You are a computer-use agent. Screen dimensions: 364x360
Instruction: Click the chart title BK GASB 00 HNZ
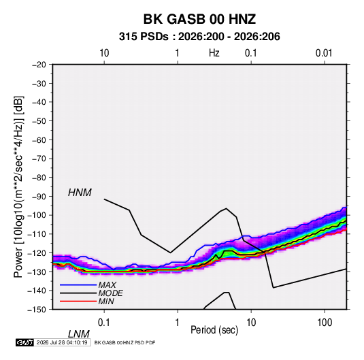click(x=199, y=19)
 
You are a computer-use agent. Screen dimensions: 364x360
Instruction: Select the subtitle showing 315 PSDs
click(x=199, y=37)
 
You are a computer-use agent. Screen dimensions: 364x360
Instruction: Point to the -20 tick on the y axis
click(x=39, y=65)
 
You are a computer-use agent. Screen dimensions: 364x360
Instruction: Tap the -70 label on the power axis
click(x=39, y=159)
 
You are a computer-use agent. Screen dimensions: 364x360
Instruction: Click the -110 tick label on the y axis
click(x=37, y=234)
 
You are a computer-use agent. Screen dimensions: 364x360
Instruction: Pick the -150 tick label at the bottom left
click(x=37, y=309)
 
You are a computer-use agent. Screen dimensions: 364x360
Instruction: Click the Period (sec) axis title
click(x=214, y=330)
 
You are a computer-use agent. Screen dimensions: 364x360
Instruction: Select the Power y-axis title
click(x=18, y=186)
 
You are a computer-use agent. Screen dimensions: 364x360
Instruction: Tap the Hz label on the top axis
click(x=214, y=53)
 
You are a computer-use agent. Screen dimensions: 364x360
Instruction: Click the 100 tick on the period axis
click(x=325, y=323)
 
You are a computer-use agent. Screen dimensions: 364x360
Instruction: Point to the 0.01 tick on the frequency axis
click(x=324, y=53)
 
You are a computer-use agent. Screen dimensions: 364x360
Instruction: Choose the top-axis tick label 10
click(x=104, y=53)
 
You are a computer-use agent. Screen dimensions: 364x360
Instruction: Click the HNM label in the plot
click(x=80, y=193)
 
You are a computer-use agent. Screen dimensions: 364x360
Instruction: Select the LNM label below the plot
click(x=79, y=334)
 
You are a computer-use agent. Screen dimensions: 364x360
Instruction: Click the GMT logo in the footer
click(x=24, y=342)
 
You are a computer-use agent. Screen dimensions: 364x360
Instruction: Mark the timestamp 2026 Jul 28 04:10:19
click(x=62, y=342)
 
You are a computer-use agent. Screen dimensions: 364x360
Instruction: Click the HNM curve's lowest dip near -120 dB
click(x=170, y=252)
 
